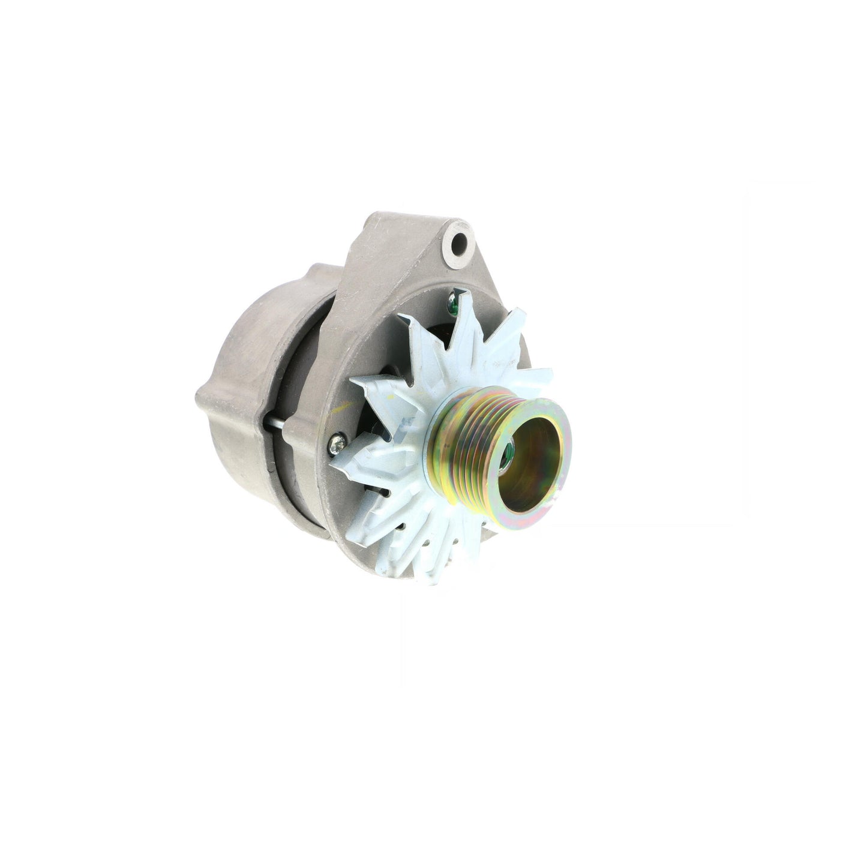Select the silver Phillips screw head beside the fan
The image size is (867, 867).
(335, 445)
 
